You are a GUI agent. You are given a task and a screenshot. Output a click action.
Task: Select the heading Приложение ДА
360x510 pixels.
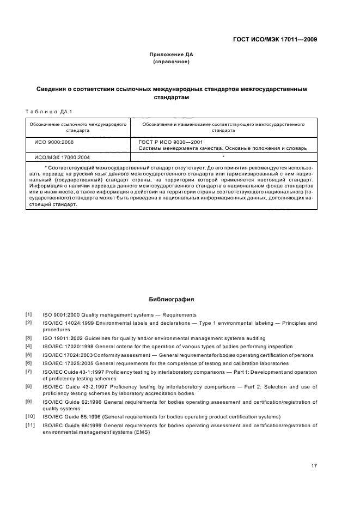tap(172, 54)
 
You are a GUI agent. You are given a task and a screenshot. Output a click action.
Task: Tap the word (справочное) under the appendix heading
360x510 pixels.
tap(172, 62)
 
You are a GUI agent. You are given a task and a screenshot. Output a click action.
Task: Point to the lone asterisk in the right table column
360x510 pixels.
tap(223, 156)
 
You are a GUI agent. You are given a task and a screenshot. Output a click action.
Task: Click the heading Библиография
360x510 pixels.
tap(172, 299)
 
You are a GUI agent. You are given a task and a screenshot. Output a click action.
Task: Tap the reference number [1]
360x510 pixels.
tap(29, 314)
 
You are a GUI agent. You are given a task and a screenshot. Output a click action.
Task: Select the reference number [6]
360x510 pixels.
tap(29, 362)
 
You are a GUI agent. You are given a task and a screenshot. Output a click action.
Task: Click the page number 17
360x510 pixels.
tap(314, 466)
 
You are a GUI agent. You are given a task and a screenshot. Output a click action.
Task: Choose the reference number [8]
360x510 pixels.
tap(29, 386)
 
